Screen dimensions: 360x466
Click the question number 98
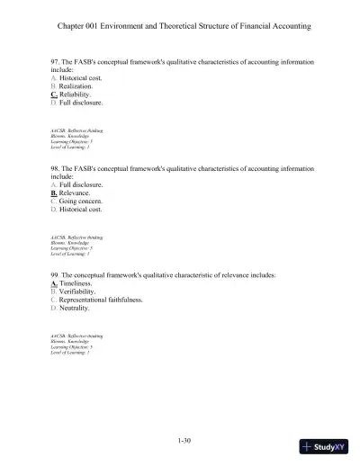(x=55, y=167)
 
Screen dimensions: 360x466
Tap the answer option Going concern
(x=83, y=201)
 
